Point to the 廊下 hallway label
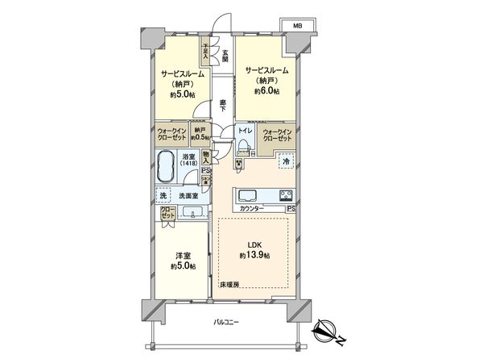tap(222, 105)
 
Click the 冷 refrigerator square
tap(286, 162)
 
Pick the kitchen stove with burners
tap(286, 195)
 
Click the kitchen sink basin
tap(246, 196)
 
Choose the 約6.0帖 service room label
tap(265, 81)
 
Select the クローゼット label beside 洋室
tap(167, 214)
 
